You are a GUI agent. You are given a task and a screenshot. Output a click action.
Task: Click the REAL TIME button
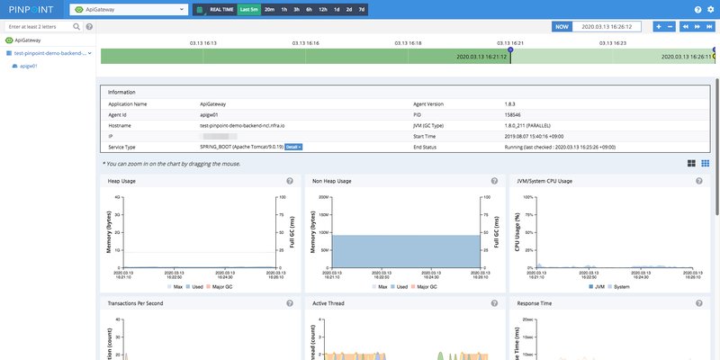[x=221, y=9]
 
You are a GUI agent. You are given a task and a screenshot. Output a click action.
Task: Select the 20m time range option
[x=269, y=9]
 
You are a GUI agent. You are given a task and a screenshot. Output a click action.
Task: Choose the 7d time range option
[x=362, y=9]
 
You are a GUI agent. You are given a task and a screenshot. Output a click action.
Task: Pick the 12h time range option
[x=322, y=9]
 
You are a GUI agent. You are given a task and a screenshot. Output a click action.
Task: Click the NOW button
[x=562, y=27]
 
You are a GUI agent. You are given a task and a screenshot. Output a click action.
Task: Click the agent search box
[x=43, y=27]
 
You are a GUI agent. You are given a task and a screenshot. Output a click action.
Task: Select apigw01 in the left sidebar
[x=28, y=66]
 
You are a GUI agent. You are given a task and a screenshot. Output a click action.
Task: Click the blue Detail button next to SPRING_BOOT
[x=293, y=146]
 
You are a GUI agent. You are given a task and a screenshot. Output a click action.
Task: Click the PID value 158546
[x=514, y=114]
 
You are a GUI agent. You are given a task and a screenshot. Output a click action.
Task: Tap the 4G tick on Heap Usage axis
[x=117, y=196]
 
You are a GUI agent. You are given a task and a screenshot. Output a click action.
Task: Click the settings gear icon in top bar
[x=710, y=9]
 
